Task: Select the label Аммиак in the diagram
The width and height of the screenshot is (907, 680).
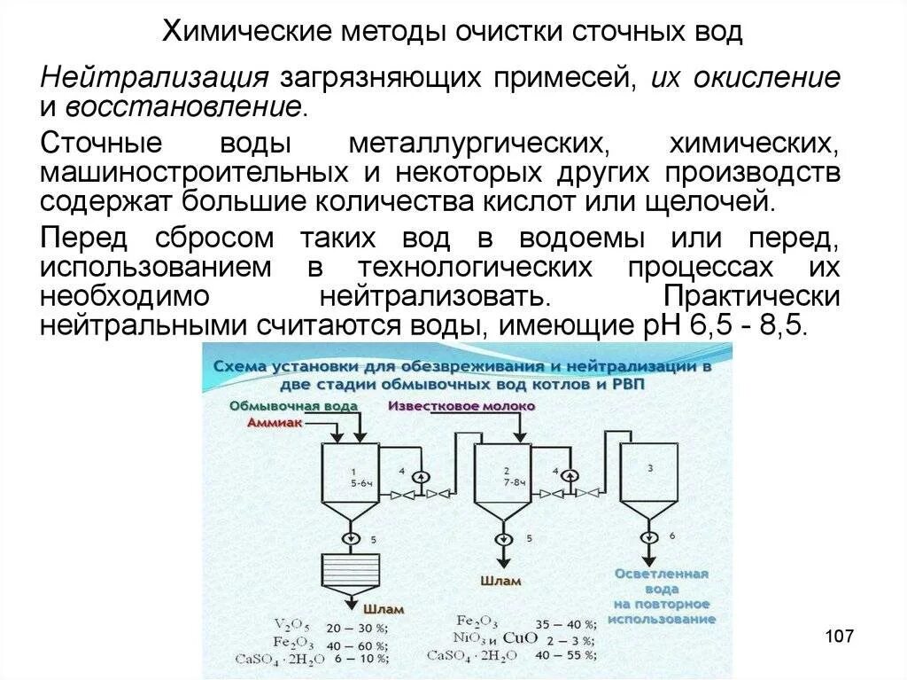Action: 276,424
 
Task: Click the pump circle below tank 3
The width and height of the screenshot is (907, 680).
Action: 648,536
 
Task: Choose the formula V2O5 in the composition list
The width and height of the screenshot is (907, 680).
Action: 293,623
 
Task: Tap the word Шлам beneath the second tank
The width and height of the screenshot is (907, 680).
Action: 501,582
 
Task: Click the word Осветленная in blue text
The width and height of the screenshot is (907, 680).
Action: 662,574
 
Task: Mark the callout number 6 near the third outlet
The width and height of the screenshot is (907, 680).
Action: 671,536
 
